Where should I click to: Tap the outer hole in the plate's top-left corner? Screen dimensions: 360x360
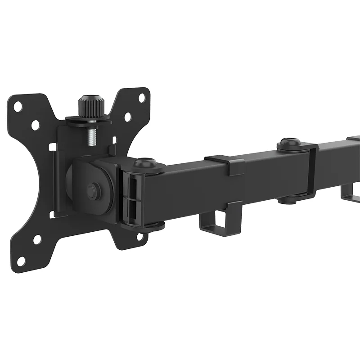point(18,107)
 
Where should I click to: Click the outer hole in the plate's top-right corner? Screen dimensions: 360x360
point(142,97)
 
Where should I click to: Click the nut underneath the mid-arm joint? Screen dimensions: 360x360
point(289,198)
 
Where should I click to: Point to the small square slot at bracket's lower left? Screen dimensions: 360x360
point(53,214)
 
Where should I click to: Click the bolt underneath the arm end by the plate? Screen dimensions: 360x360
point(153,225)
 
